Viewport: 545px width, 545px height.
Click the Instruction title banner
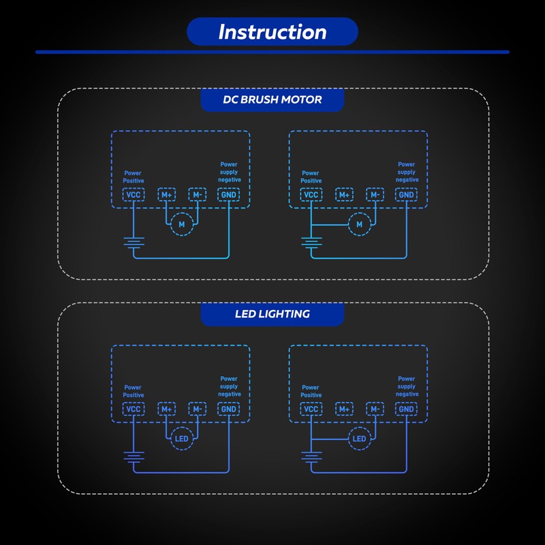pyautogui.click(x=272, y=31)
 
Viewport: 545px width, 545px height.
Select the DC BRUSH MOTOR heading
pyautogui.click(x=272, y=99)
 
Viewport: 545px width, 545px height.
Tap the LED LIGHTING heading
pyautogui.click(x=272, y=314)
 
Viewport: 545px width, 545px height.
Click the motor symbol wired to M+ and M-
pyautogui.click(x=181, y=224)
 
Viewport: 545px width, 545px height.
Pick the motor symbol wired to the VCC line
pyautogui.click(x=360, y=224)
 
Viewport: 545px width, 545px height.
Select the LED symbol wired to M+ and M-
pyautogui.click(x=181, y=439)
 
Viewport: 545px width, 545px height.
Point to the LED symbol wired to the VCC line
pyautogui.click(x=360, y=439)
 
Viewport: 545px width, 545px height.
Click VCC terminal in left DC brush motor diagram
pyautogui.click(x=134, y=195)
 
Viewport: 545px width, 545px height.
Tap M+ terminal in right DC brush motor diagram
pyautogui.click(x=344, y=195)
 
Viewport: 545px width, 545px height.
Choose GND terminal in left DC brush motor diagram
pyautogui.click(x=229, y=195)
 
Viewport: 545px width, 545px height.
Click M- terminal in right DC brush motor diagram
pyautogui.click(x=375, y=195)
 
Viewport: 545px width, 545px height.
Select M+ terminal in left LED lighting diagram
pyautogui.click(x=166, y=409)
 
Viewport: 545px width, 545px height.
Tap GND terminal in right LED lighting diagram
pyautogui.click(x=406, y=409)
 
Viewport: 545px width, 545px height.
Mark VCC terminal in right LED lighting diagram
pyautogui.click(x=311, y=409)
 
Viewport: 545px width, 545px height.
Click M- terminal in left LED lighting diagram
pyautogui.click(x=198, y=409)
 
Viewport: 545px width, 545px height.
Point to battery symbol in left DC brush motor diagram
pyautogui.click(x=134, y=243)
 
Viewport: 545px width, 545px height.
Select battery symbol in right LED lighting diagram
pyautogui.click(x=311, y=457)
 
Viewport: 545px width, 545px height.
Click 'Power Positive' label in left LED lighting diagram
pyautogui.click(x=133, y=391)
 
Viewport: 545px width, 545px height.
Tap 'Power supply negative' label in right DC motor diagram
pyautogui.click(x=407, y=172)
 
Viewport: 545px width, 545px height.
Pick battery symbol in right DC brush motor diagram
pyautogui.click(x=311, y=243)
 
